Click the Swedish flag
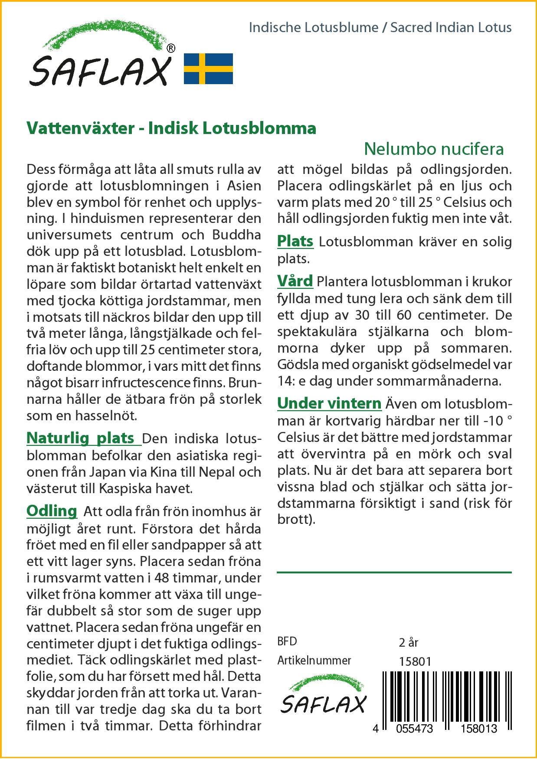[x=209, y=69]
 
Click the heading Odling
[x=52, y=511]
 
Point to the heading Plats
[x=295, y=241]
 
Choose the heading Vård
[x=295, y=281]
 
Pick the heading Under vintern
[x=329, y=403]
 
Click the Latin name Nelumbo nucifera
[x=434, y=149]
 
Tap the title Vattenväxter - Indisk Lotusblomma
[x=171, y=128]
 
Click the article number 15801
[x=415, y=661]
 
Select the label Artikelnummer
[x=314, y=661]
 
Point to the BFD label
[x=287, y=641]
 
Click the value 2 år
[x=409, y=642]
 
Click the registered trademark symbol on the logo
[x=171, y=49]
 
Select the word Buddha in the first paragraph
[x=236, y=235]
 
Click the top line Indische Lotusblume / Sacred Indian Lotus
[x=380, y=28]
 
